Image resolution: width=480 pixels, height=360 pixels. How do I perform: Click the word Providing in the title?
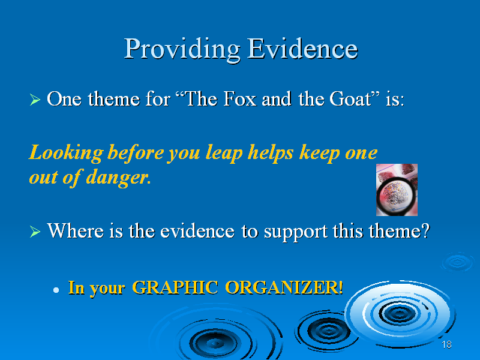tap(182, 50)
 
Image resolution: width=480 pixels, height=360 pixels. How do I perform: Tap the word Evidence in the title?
tap(302, 49)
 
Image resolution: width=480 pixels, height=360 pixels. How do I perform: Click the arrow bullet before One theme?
tap(35, 100)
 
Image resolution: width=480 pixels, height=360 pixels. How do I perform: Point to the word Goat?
tap(350, 99)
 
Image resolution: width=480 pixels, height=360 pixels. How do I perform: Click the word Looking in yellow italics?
tap(66, 153)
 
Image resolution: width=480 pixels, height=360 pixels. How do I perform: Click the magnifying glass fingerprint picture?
tap(397, 190)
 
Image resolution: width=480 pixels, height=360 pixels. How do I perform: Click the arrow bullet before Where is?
tap(35, 231)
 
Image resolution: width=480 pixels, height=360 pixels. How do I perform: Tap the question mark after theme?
tap(426, 230)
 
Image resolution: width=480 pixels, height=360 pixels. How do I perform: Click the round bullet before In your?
tap(56, 290)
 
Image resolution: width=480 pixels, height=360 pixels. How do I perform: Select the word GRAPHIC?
tap(175, 287)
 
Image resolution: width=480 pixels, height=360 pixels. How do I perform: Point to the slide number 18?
tap(446, 344)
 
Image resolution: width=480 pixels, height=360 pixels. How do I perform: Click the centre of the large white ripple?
tap(399, 313)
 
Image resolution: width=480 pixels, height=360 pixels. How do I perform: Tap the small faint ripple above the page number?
tap(458, 262)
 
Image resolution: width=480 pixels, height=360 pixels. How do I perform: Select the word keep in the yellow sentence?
tap(319, 153)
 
